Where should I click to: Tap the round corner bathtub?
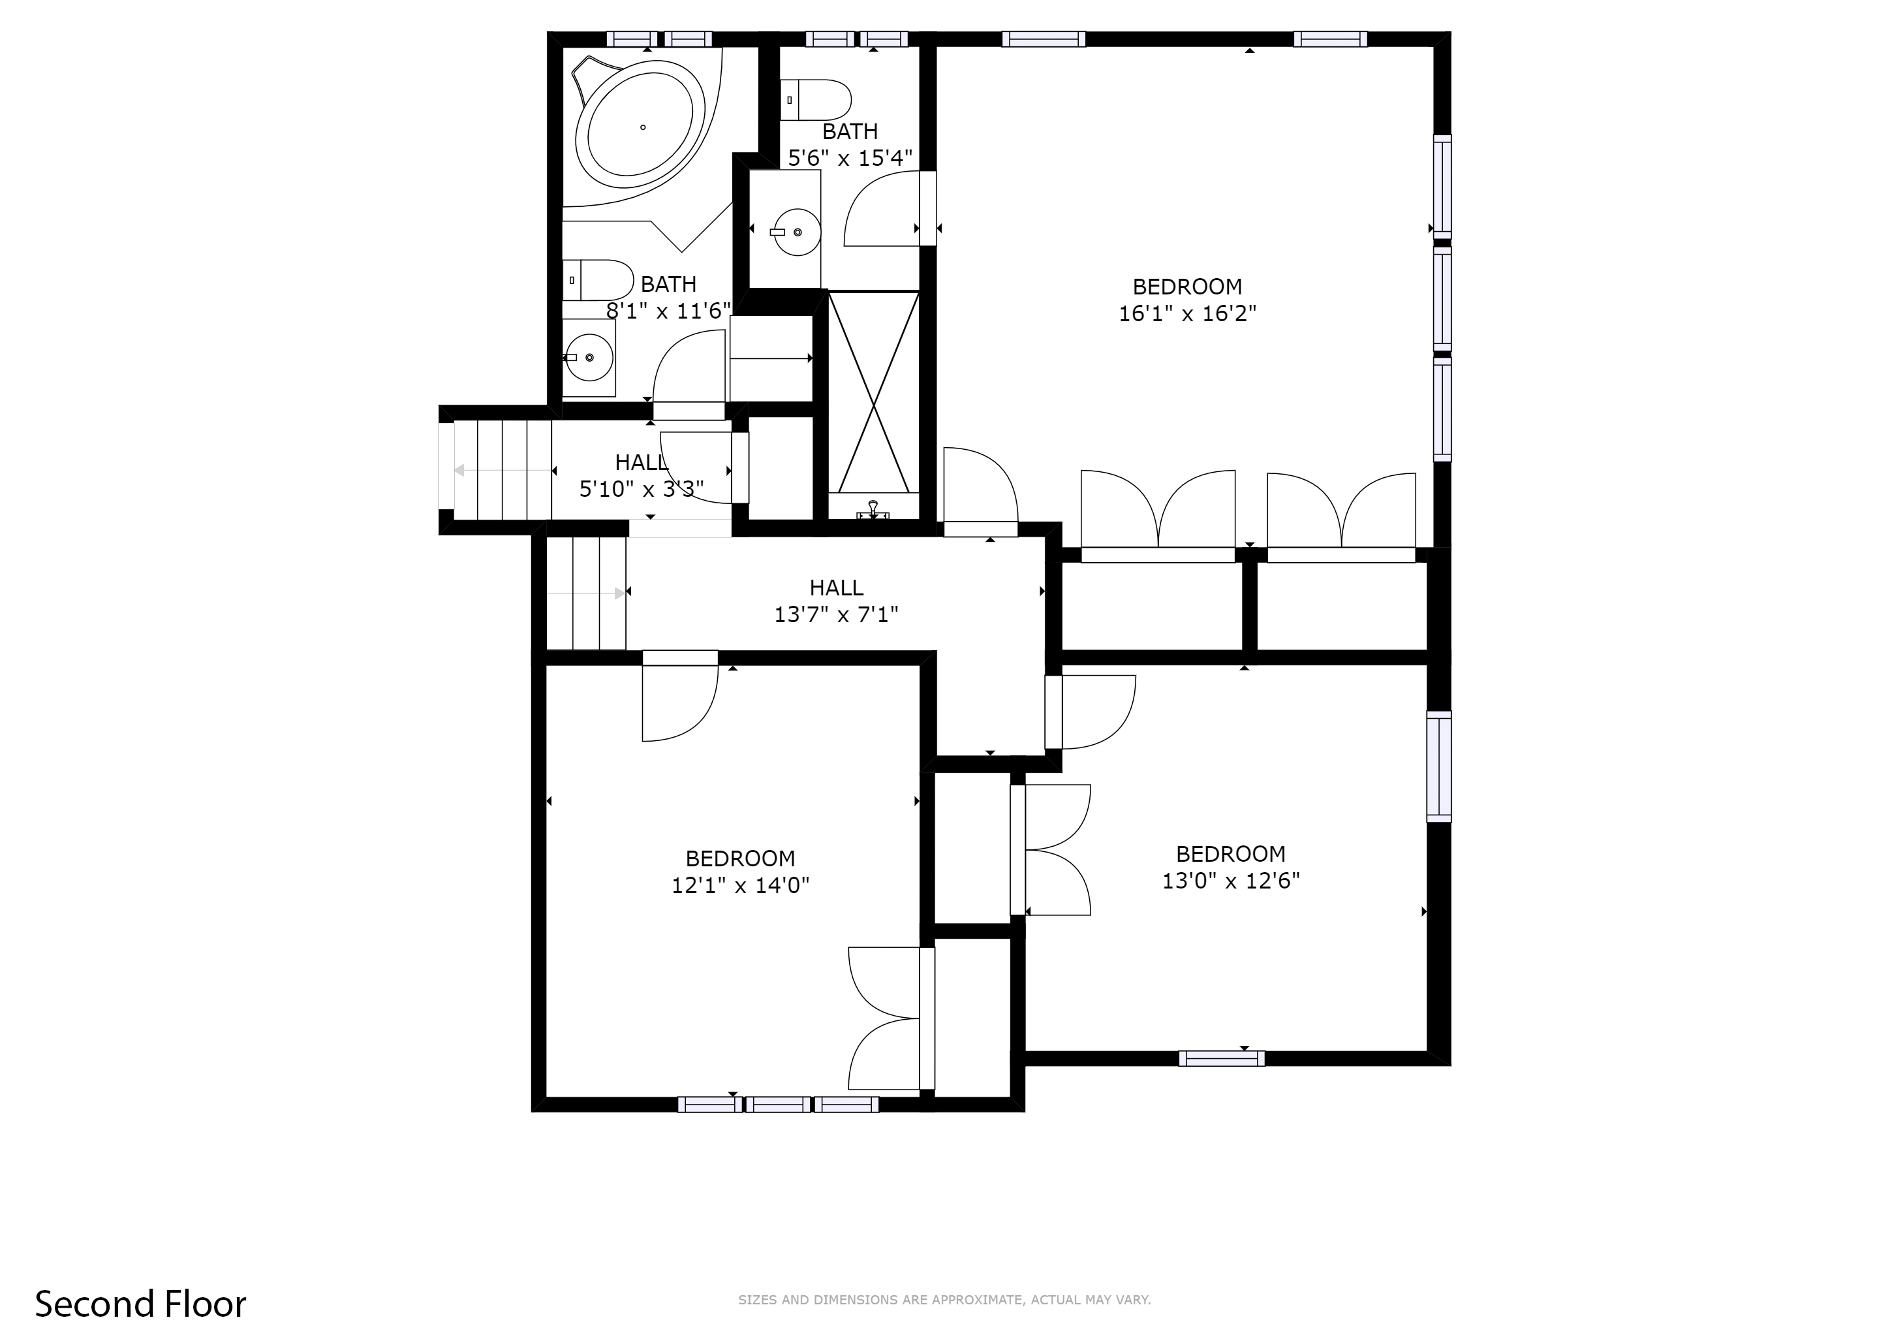(640, 127)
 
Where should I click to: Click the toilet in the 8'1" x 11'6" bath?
(599, 280)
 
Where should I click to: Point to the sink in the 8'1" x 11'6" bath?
(589, 357)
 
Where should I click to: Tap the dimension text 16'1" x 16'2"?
(1187, 313)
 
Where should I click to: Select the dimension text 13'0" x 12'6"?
(1231, 881)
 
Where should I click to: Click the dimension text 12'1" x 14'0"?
(740, 886)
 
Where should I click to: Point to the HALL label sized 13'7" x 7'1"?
(837, 588)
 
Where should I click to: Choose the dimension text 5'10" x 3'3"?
(642, 490)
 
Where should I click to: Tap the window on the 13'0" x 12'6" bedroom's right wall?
(1438, 766)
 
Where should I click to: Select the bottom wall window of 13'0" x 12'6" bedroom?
(1221, 1059)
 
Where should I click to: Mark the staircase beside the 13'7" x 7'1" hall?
(586, 593)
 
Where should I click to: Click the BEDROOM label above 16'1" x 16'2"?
(1187, 287)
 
